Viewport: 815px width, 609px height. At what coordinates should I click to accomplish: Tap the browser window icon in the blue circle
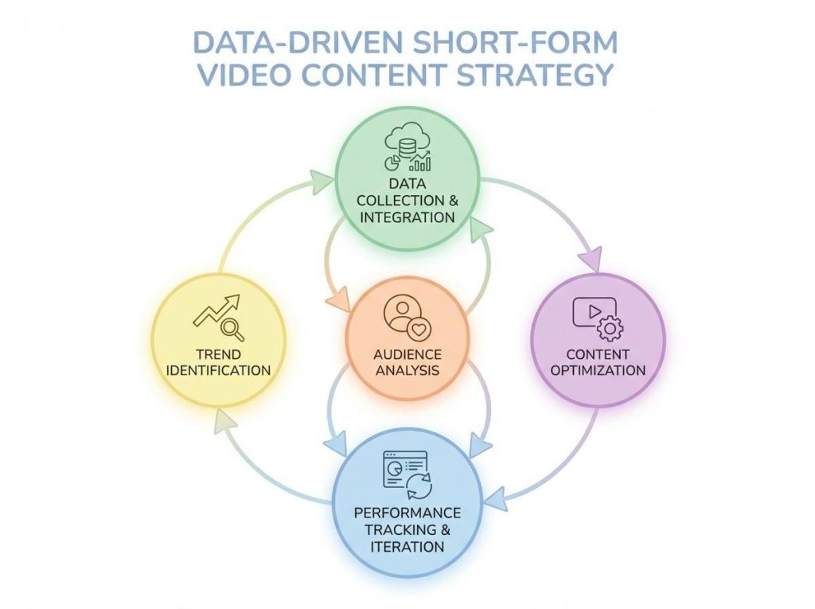point(402,470)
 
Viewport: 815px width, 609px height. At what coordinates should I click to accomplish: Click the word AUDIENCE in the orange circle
point(407,353)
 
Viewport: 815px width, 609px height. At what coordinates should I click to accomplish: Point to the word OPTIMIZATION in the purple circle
point(598,370)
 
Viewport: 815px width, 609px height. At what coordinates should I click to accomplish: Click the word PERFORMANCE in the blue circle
point(407,513)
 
